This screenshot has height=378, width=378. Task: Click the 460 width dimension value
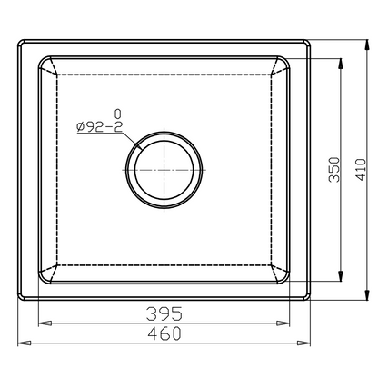pyautogui.click(x=164, y=333)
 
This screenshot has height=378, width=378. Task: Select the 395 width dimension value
pyautogui.click(x=164, y=313)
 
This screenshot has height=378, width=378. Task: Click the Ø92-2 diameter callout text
pyautogui.click(x=101, y=126)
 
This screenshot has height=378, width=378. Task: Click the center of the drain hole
pyautogui.click(x=164, y=169)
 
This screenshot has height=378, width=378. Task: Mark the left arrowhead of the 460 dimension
pyautogui.click(x=24, y=343)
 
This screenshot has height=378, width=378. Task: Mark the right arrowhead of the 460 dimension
pyautogui.click(x=308, y=343)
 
